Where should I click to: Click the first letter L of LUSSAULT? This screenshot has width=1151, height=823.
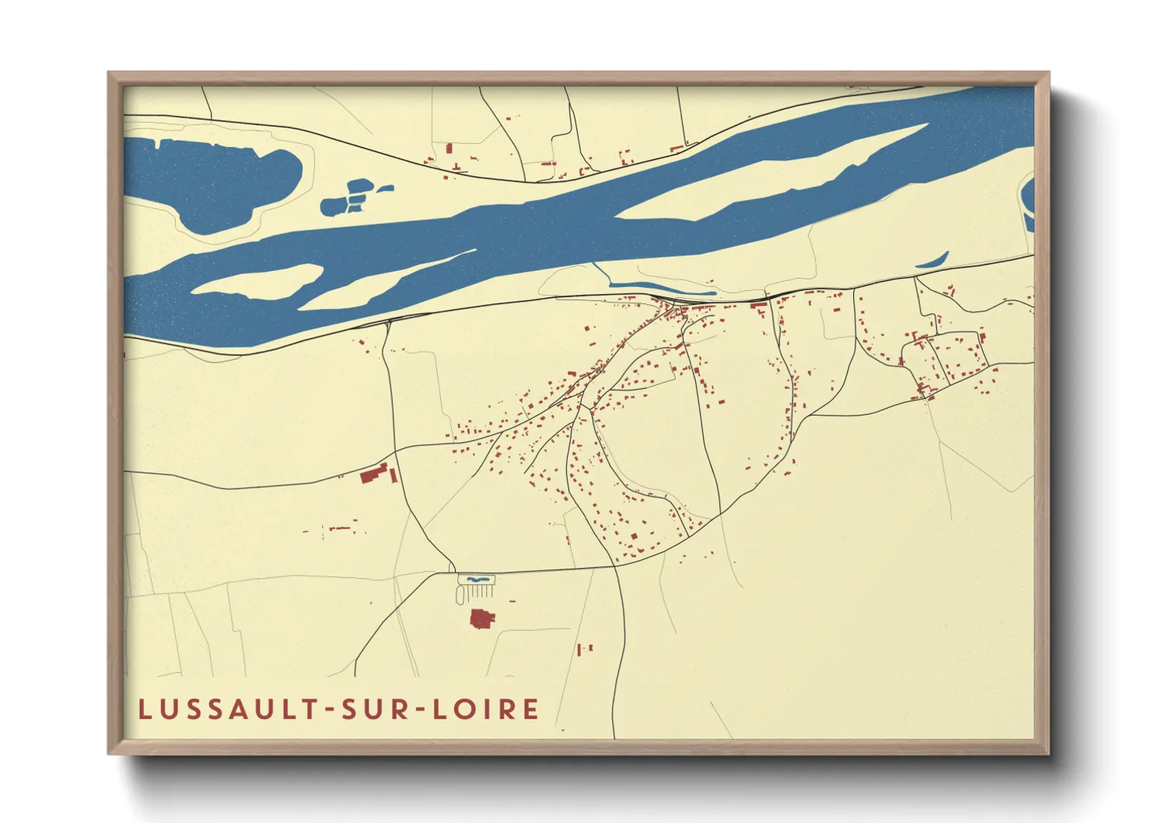[x=145, y=709]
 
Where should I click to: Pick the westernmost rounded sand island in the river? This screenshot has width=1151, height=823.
[x=257, y=281]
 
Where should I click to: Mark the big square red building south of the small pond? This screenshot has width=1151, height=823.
[x=483, y=619]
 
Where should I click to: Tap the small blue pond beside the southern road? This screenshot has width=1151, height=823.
[x=476, y=580]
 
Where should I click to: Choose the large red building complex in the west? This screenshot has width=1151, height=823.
[x=375, y=473]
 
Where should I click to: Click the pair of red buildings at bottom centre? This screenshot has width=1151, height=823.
[x=585, y=648]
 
